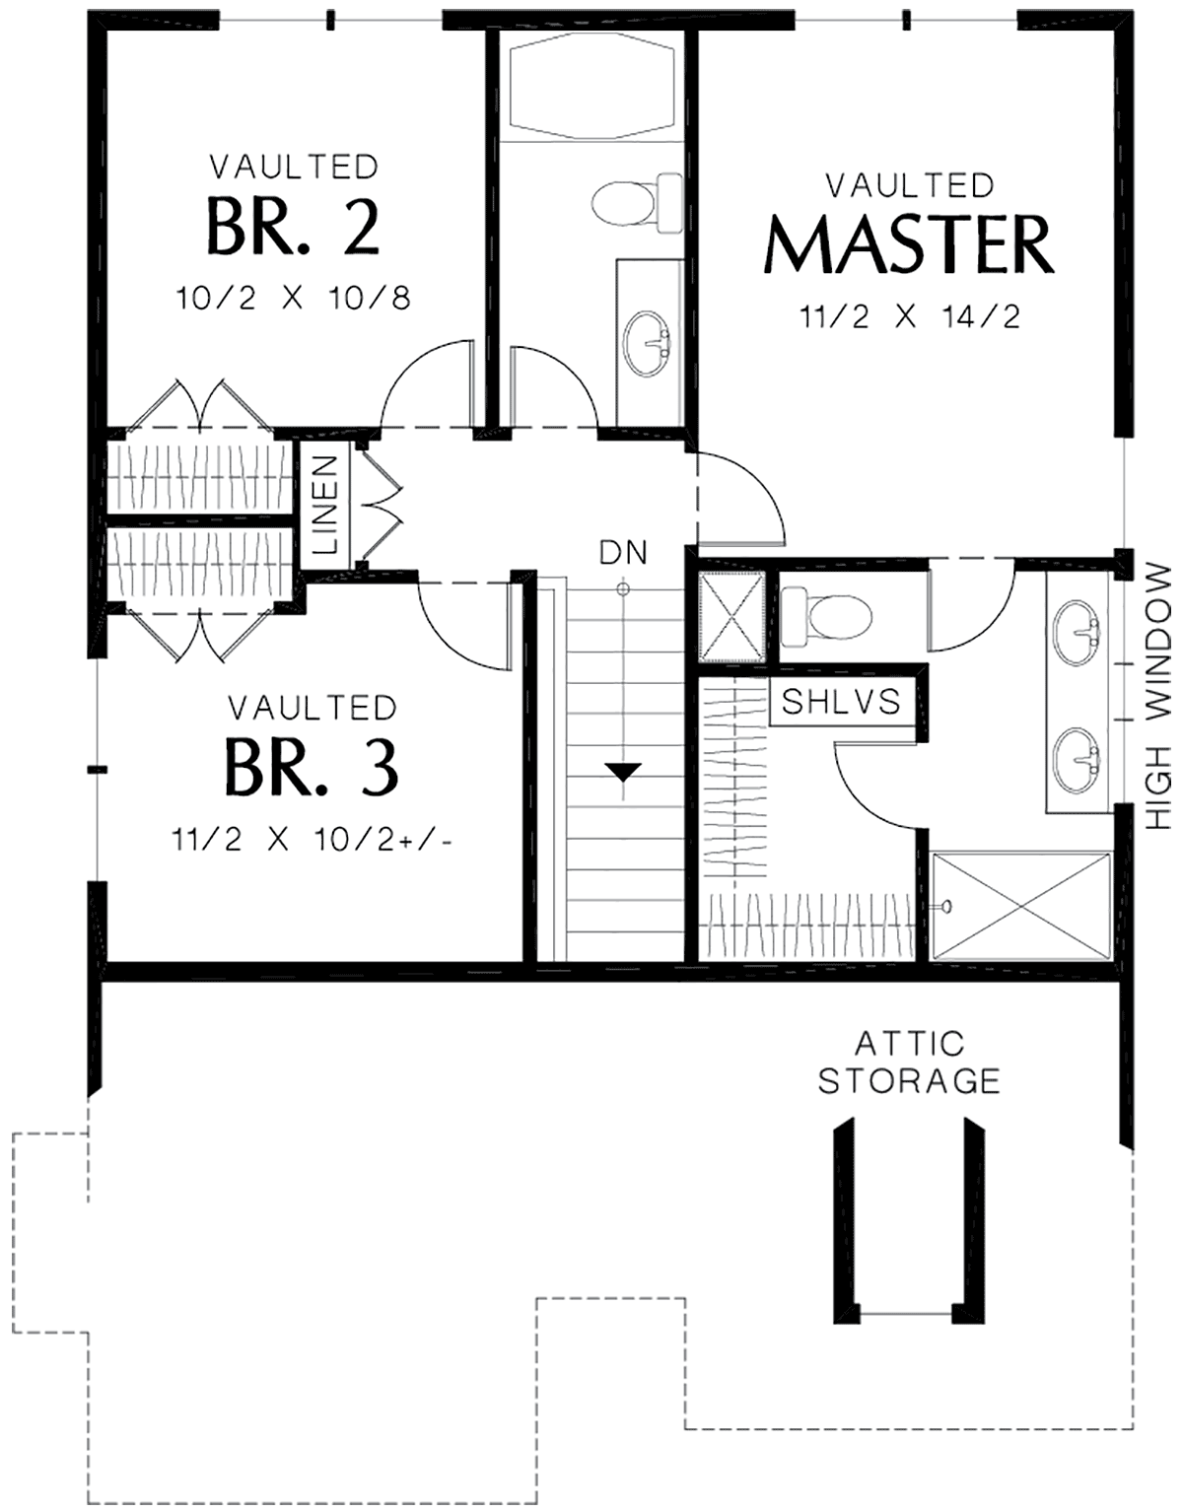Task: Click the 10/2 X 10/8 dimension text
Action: point(293,299)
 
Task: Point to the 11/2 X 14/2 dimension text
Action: point(910,317)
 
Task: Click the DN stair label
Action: point(623,552)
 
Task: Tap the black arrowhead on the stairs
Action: point(623,771)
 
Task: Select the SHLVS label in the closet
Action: point(841,702)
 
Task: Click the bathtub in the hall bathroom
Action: point(591,86)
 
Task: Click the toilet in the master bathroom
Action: point(825,615)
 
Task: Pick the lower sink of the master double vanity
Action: point(1076,760)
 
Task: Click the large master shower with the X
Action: point(1020,906)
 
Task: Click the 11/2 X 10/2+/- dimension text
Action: point(313,841)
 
